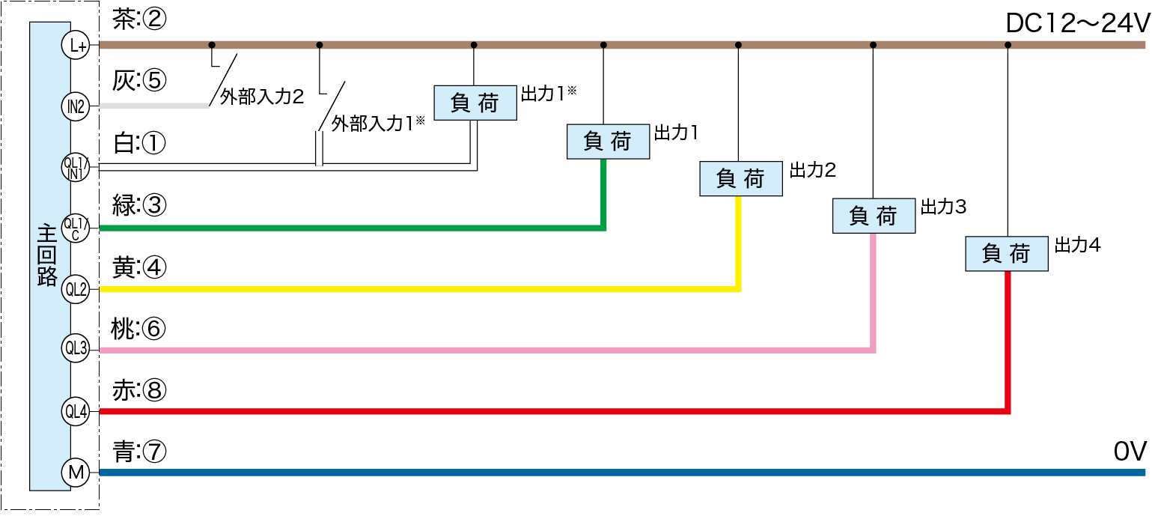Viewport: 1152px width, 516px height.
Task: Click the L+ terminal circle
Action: click(x=76, y=45)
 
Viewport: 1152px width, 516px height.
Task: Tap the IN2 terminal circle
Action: click(x=76, y=106)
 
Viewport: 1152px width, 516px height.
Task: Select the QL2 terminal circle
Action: click(x=76, y=289)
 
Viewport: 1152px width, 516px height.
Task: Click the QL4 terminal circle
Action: click(x=76, y=411)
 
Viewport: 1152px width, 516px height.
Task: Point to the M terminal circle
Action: click(x=76, y=472)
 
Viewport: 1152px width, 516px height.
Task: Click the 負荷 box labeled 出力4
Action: click(x=1006, y=254)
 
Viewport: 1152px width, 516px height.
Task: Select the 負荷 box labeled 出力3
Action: click(x=874, y=216)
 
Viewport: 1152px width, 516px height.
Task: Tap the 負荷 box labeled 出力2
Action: click(x=741, y=178)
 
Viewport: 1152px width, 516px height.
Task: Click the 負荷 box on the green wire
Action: click(x=608, y=141)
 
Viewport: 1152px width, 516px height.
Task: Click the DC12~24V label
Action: click(x=1076, y=25)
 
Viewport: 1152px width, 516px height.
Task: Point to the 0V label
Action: click(x=1130, y=452)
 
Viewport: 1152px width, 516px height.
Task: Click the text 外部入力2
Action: click(x=261, y=97)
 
